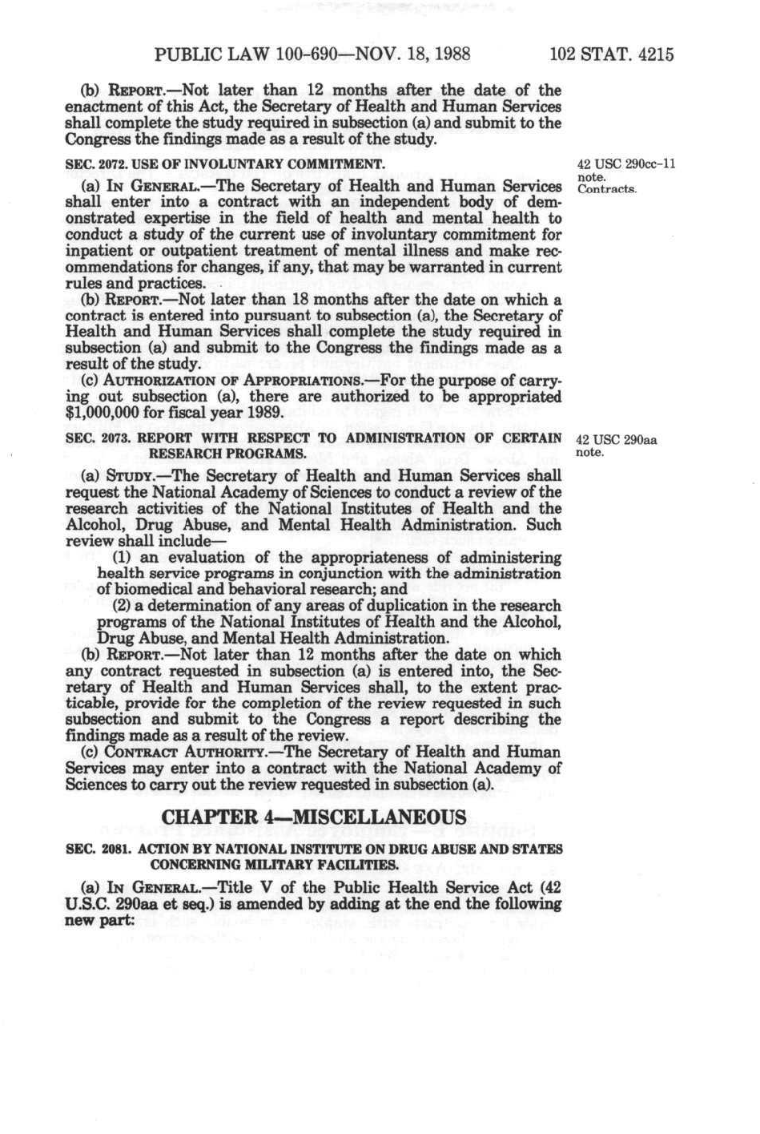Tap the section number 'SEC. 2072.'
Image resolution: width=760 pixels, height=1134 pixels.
click(x=84, y=164)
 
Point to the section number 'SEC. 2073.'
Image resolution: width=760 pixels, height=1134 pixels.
click(x=84, y=438)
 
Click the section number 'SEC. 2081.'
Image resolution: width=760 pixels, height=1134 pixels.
click(x=84, y=849)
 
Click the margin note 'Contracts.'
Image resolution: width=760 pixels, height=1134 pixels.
click(x=606, y=189)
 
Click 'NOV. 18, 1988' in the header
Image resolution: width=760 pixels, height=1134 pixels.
click(x=418, y=55)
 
